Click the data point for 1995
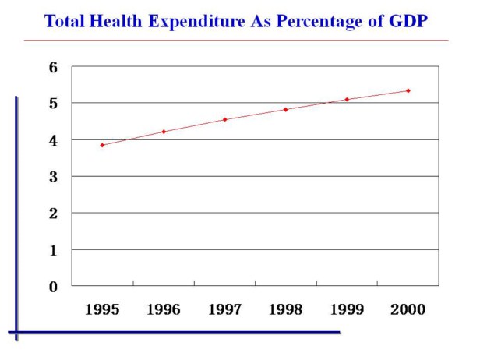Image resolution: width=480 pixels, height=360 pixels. click(102, 145)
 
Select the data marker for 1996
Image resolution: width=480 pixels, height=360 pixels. click(164, 132)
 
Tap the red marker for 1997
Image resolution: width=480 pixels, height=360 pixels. click(224, 119)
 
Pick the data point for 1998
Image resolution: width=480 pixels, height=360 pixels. click(285, 109)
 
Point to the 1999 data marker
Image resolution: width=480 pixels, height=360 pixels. click(347, 99)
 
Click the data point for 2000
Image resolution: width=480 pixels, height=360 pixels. click(408, 90)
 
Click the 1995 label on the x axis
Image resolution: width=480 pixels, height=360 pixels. click(102, 310)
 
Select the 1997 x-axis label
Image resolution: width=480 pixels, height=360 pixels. click(224, 310)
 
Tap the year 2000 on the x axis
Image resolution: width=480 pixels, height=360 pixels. click(408, 310)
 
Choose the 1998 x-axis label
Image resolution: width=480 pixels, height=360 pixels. click(286, 310)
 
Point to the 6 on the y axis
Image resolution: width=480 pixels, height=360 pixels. click(54, 67)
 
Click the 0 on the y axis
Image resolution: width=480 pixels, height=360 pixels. click(54, 287)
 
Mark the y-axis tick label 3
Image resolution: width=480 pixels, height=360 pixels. click(54, 177)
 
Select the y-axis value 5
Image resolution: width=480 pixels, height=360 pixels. click(54, 104)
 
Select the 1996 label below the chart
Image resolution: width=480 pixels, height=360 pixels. click(164, 310)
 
